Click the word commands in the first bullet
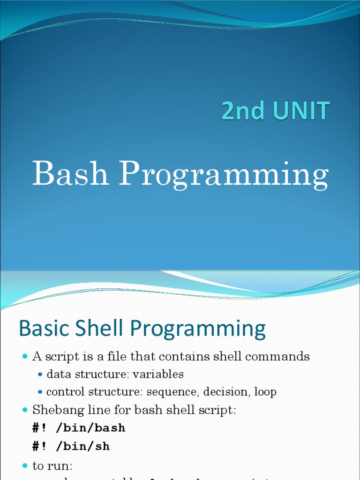(280, 357)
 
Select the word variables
(159, 375)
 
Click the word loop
(265, 392)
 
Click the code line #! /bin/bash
(79, 428)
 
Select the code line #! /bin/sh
(71, 446)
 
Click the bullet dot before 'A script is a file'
(25, 357)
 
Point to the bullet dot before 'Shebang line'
(25, 411)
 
